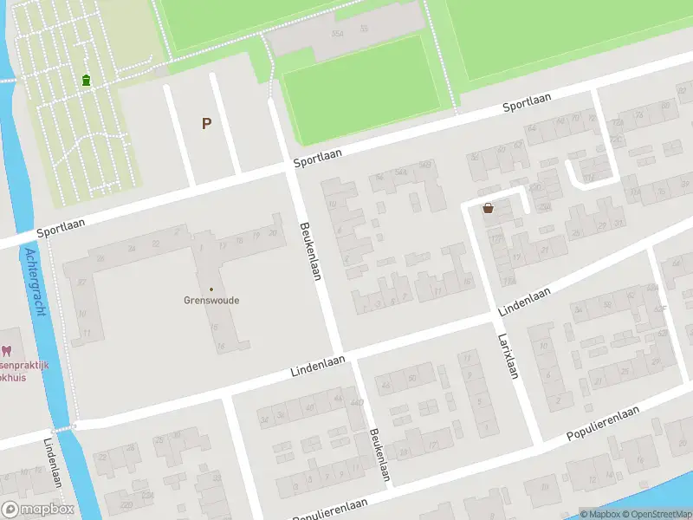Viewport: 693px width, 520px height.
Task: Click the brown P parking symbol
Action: [206, 123]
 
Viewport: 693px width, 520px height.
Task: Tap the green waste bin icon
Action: [86, 81]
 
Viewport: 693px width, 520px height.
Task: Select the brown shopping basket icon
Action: [489, 208]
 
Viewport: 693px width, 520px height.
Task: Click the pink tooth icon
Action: [7, 351]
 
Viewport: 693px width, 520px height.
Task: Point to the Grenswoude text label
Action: [211, 301]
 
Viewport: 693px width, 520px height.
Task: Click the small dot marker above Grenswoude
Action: [211, 289]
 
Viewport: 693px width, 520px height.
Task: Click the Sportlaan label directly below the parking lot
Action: [317, 157]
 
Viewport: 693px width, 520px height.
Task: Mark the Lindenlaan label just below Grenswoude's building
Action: [318, 366]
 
